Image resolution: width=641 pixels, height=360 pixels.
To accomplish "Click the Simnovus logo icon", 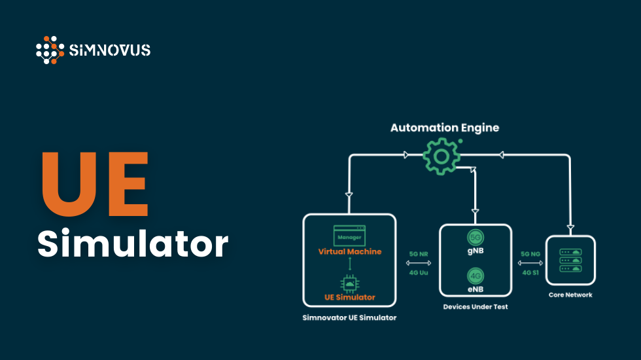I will [50, 50].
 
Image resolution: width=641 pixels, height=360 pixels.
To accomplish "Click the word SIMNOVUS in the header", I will [109, 50].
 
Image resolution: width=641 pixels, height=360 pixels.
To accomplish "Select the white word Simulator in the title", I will [132, 243].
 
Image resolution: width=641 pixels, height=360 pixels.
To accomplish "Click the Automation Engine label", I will [445, 128].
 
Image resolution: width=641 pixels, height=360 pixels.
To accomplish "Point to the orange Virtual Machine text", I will [349, 251].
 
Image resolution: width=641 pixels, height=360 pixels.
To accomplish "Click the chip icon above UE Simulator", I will [349, 282].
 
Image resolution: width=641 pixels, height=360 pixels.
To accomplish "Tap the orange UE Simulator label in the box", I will [349, 297].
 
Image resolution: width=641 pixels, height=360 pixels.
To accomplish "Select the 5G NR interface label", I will [418, 253].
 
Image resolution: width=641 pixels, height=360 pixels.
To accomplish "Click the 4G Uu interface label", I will [418, 272].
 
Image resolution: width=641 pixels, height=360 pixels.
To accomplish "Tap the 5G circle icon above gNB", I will [475, 237].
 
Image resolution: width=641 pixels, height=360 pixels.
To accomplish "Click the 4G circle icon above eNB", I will [475, 275].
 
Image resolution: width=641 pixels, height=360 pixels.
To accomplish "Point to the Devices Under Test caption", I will [475, 306].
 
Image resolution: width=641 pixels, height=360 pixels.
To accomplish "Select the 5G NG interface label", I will [530, 253].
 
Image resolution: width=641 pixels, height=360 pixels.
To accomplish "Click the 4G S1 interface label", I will [530, 272].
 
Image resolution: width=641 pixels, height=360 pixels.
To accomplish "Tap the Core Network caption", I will [570, 295].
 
